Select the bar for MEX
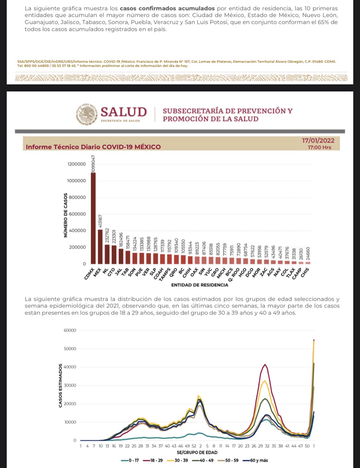(x=100, y=246)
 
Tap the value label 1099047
(x=93, y=164)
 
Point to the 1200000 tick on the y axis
(x=76, y=164)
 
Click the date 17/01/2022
(x=318, y=141)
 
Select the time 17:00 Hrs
(x=319, y=147)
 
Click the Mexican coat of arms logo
(x=86, y=114)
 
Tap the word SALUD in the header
(x=124, y=112)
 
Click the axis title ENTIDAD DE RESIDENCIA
(x=200, y=285)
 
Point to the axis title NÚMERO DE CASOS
(x=66, y=215)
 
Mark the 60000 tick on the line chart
(x=70, y=330)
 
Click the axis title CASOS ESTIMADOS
(x=60, y=386)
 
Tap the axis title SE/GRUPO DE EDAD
(x=197, y=452)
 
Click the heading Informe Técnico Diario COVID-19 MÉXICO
(x=93, y=147)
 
